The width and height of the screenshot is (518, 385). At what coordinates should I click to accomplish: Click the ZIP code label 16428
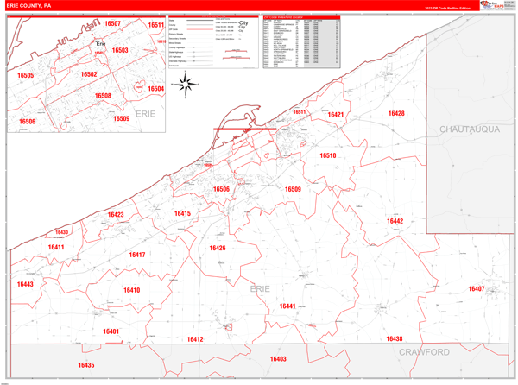[396, 114]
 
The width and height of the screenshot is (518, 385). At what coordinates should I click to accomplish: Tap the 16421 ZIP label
[336, 115]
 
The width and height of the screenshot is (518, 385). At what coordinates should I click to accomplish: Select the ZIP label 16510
[327, 155]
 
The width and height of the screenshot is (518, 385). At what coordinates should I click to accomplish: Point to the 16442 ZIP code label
[395, 222]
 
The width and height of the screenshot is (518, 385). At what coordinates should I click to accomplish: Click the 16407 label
[476, 288]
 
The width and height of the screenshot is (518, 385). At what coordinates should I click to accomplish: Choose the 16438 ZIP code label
[394, 339]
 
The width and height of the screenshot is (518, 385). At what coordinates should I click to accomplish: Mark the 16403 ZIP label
[277, 359]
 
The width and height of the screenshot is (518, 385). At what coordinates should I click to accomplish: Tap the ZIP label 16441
[287, 306]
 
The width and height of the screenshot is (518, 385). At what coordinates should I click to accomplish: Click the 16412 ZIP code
[195, 340]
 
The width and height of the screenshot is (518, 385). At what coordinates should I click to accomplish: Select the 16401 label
[111, 331]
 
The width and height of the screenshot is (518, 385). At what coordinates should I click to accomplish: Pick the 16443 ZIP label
[25, 284]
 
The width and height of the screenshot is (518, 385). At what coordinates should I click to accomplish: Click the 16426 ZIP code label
[217, 249]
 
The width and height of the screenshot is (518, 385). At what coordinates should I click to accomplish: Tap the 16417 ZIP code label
[137, 255]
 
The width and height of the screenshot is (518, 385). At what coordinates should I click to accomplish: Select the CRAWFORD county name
[424, 353]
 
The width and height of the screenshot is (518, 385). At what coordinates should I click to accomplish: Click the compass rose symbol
[185, 84]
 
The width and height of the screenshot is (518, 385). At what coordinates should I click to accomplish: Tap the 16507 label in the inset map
[112, 25]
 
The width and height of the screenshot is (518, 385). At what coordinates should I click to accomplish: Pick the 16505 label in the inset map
[25, 76]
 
